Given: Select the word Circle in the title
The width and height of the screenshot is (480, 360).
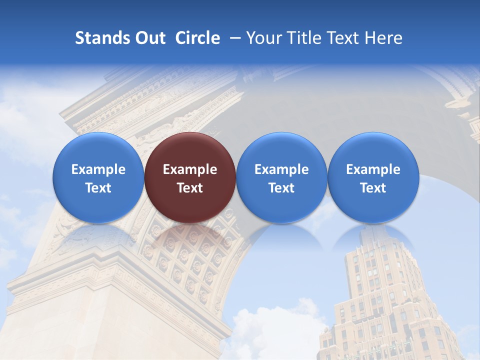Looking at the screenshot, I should (x=197, y=38).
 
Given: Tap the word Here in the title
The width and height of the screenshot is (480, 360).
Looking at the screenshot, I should (x=385, y=38).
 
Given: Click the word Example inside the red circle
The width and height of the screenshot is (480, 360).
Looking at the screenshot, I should (x=190, y=169).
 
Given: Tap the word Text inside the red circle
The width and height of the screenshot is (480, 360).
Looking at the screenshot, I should (x=190, y=188).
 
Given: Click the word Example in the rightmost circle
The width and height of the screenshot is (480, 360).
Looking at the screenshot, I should (x=373, y=169).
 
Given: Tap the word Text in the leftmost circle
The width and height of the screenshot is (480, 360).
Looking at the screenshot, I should (x=98, y=188).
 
